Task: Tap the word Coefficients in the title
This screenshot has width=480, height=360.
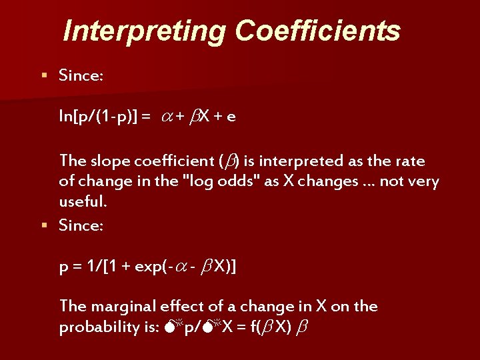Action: tap(317, 31)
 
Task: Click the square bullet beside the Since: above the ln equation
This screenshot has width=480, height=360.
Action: tap(44, 75)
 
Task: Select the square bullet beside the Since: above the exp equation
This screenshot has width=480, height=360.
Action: tap(44, 225)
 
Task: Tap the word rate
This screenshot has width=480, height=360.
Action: tap(411, 161)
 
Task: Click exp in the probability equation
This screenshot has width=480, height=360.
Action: tap(151, 267)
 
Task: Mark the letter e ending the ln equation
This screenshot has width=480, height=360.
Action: tap(231, 117)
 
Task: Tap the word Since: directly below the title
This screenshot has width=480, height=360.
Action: tap(81, 75)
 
